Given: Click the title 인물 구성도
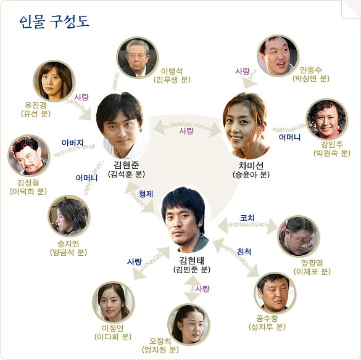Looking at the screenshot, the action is click(x=54, y=22).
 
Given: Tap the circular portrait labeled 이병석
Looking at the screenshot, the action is click(x=138, y=57).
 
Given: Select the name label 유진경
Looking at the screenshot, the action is click(x=36, y=105).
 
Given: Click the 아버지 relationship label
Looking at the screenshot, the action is click(x=73, y=142).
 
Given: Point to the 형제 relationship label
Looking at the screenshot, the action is click(x=146, y=194).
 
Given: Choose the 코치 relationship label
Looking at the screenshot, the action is click(x=247, y=218).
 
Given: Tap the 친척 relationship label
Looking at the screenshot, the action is click(x=244, y=252).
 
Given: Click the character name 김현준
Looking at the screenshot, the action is click(x=127, y=165).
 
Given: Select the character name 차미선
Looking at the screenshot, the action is click(x=251, y=165).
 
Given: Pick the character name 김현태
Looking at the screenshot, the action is click(x=191, y=260).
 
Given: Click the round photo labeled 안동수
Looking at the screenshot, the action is click(x=278, y=55).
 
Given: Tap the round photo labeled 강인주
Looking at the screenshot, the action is click(x=326, y=119).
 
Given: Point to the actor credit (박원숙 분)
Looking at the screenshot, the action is click(x=332, y=153).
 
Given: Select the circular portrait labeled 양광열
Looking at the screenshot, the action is click(x=299, y=237).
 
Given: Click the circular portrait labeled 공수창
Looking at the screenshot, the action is click(x=275, y=292).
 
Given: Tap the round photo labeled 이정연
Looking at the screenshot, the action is click(x=114, y=302).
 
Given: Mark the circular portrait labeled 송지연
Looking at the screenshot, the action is click(x=69, y=216).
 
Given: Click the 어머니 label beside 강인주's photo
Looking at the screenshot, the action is click(x=289, y=137).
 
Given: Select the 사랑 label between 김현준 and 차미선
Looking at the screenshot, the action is click(x=186, y=131).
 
